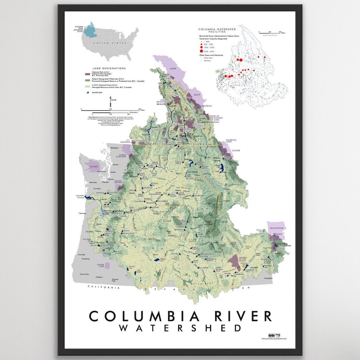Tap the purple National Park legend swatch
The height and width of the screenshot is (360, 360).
pyautogui.click(x=86, y=73)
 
